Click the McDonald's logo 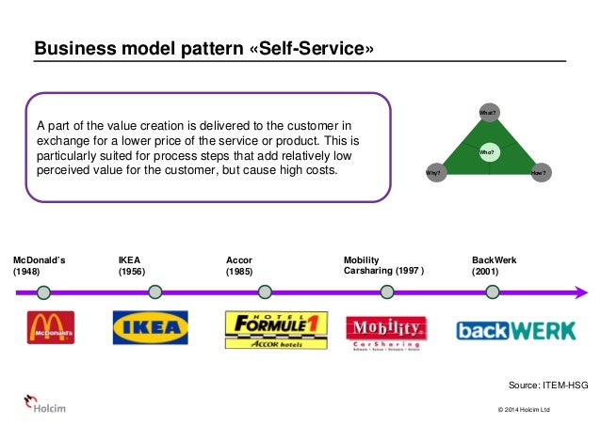click(51, 328)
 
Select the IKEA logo click(151, 328)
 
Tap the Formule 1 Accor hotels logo click(276, 330)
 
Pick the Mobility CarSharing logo click(386, 331)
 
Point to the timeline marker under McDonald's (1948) click(47, 292)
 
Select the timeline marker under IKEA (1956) click(154, 292)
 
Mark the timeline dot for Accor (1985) click(266, 292)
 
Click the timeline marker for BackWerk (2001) click(492, 292)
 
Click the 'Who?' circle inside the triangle click(487, 150)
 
